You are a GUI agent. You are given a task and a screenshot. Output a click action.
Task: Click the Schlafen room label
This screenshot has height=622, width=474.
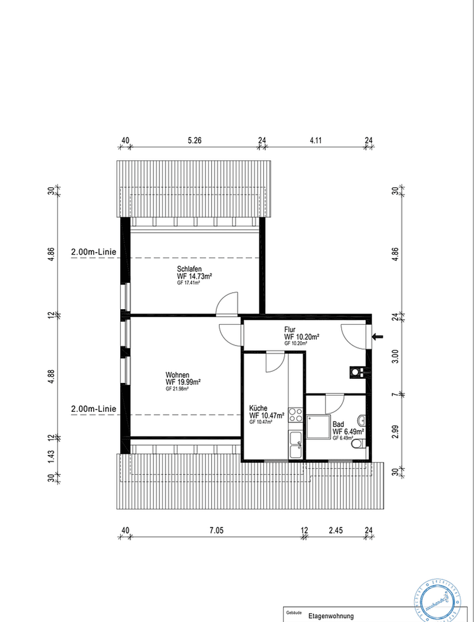pyautogui.click(x=190, y=269)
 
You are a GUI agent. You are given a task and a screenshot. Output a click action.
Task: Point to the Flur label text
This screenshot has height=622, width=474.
pyautogui.click(x=290, y=329)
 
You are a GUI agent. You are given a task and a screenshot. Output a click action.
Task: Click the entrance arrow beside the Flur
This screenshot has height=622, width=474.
pyautogui.click(x=378, y=337)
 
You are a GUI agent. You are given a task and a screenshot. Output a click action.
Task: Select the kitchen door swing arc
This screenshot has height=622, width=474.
pyautogui.click(x=274, y=363)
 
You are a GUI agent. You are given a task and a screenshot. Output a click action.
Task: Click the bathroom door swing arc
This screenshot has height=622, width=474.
pyautogui.click(x=334, y=402)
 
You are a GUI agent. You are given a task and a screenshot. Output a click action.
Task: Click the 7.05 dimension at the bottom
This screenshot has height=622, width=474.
pyautogui.click(x=216, y=530)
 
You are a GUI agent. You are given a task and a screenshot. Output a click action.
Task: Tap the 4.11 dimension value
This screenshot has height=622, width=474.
pyautogui.click(x=315, y=140)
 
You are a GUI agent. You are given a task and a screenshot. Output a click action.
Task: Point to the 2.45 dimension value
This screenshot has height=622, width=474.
pyautogui.click(x=337, y=530)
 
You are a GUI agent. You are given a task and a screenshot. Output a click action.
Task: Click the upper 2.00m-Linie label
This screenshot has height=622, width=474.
pyautogui.click(x=94, y=252)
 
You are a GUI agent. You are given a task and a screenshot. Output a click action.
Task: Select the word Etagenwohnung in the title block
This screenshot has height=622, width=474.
pyautogui.click(x=331, y=616)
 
